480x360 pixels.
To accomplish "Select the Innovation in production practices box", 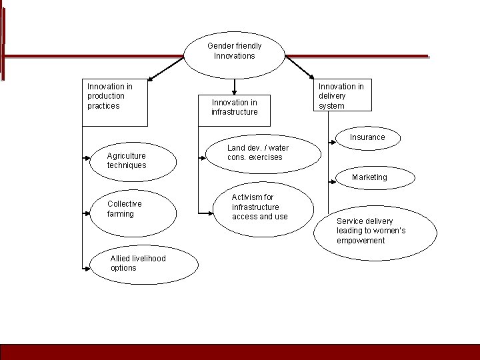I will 115,103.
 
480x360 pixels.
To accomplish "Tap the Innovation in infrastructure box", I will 235,107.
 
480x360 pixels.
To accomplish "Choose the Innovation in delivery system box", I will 343,96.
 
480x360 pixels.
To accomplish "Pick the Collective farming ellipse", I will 133,213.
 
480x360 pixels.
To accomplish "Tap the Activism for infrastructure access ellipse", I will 263,209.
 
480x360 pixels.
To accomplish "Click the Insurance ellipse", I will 367,137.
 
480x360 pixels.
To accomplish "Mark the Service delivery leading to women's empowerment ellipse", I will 375,231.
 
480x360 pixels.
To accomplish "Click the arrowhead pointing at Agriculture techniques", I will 87,158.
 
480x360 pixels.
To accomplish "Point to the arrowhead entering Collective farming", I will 87,213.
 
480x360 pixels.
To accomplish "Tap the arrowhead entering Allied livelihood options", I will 87,268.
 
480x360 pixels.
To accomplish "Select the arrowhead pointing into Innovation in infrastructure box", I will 235,91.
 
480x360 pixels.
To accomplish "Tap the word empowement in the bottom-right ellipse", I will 361,241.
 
